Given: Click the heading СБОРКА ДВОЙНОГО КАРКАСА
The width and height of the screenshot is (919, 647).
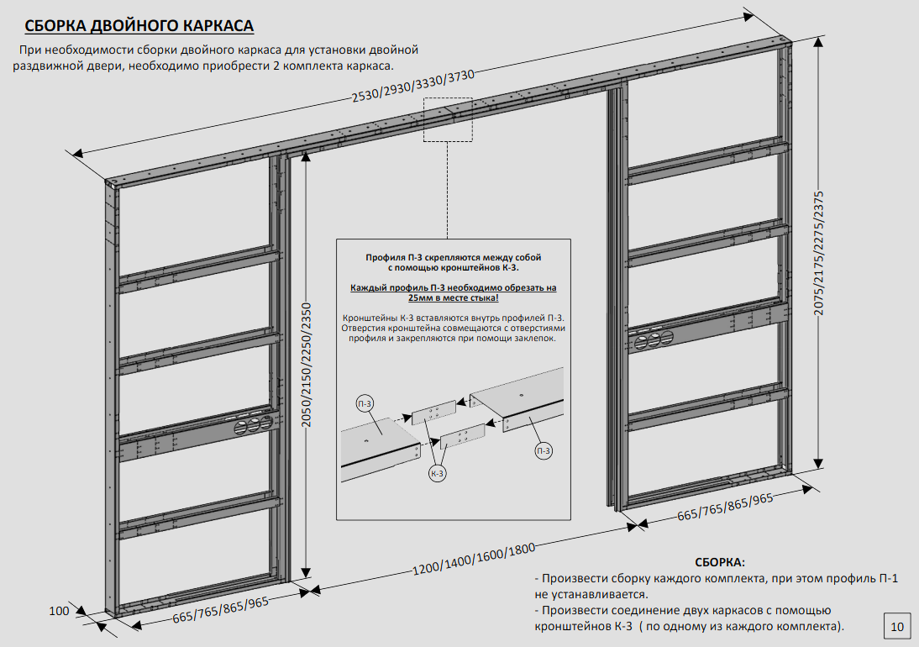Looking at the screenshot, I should [x=139, y=24].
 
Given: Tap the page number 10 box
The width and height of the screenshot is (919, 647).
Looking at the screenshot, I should [x=897, y=625].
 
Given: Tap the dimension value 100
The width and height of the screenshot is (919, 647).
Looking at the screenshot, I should [x=59, y=611].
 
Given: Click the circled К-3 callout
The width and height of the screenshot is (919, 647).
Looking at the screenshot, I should [x=438, y=474].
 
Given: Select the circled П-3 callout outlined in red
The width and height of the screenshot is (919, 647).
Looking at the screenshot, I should [x=543, y=451].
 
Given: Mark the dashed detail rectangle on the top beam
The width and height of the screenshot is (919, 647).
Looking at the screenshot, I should [x=448, y=118].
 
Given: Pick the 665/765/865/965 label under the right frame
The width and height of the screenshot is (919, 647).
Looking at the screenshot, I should [x=725, y=507].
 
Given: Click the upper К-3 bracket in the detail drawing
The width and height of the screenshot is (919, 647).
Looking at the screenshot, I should [x=433, y=412].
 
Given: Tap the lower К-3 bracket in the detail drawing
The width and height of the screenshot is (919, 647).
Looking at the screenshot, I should [x=462, y=436].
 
